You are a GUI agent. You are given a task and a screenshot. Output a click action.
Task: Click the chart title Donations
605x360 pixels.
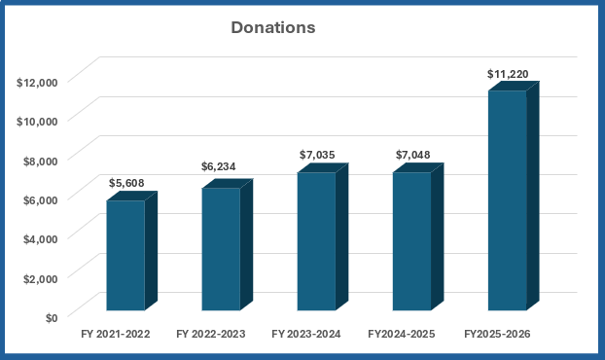point(273,28)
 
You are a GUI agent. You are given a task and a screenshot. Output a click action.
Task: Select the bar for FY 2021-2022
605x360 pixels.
point(131,251)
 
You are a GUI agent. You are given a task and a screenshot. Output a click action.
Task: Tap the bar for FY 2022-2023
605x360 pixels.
point(227,244)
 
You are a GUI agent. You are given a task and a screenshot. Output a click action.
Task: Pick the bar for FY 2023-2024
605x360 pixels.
point(323,236)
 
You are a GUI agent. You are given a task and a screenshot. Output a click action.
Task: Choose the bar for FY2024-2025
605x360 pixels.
point(418,236)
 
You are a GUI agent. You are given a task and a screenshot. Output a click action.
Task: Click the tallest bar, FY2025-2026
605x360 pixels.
point(514,196)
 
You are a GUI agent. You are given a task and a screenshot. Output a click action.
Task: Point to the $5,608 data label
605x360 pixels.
point(126,183)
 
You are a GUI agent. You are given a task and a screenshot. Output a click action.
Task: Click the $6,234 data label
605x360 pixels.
point(219,166)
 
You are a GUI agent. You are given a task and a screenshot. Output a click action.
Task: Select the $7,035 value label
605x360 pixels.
point(317,155)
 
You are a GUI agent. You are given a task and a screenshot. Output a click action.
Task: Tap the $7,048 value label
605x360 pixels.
point(412,155)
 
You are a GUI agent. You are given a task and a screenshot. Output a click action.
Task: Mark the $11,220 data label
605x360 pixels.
point(508,74)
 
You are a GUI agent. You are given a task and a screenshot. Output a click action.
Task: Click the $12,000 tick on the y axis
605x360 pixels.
point(37,83)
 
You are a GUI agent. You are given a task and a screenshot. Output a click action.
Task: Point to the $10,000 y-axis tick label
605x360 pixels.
point(37,122)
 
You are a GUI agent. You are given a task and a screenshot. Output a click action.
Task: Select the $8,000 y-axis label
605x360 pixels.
point(41,162)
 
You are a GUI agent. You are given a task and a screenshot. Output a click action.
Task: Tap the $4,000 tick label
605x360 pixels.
point(41,239)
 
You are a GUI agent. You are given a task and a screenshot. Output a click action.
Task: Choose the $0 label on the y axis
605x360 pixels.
point(52,318)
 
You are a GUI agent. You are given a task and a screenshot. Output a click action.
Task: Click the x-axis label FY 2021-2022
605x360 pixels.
point(116,334)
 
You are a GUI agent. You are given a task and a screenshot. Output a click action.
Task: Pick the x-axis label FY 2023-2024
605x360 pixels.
point(306,334)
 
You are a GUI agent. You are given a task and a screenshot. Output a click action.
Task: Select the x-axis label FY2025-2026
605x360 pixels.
point(497,334)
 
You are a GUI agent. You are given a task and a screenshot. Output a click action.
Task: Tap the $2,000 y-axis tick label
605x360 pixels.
point(41,279)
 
